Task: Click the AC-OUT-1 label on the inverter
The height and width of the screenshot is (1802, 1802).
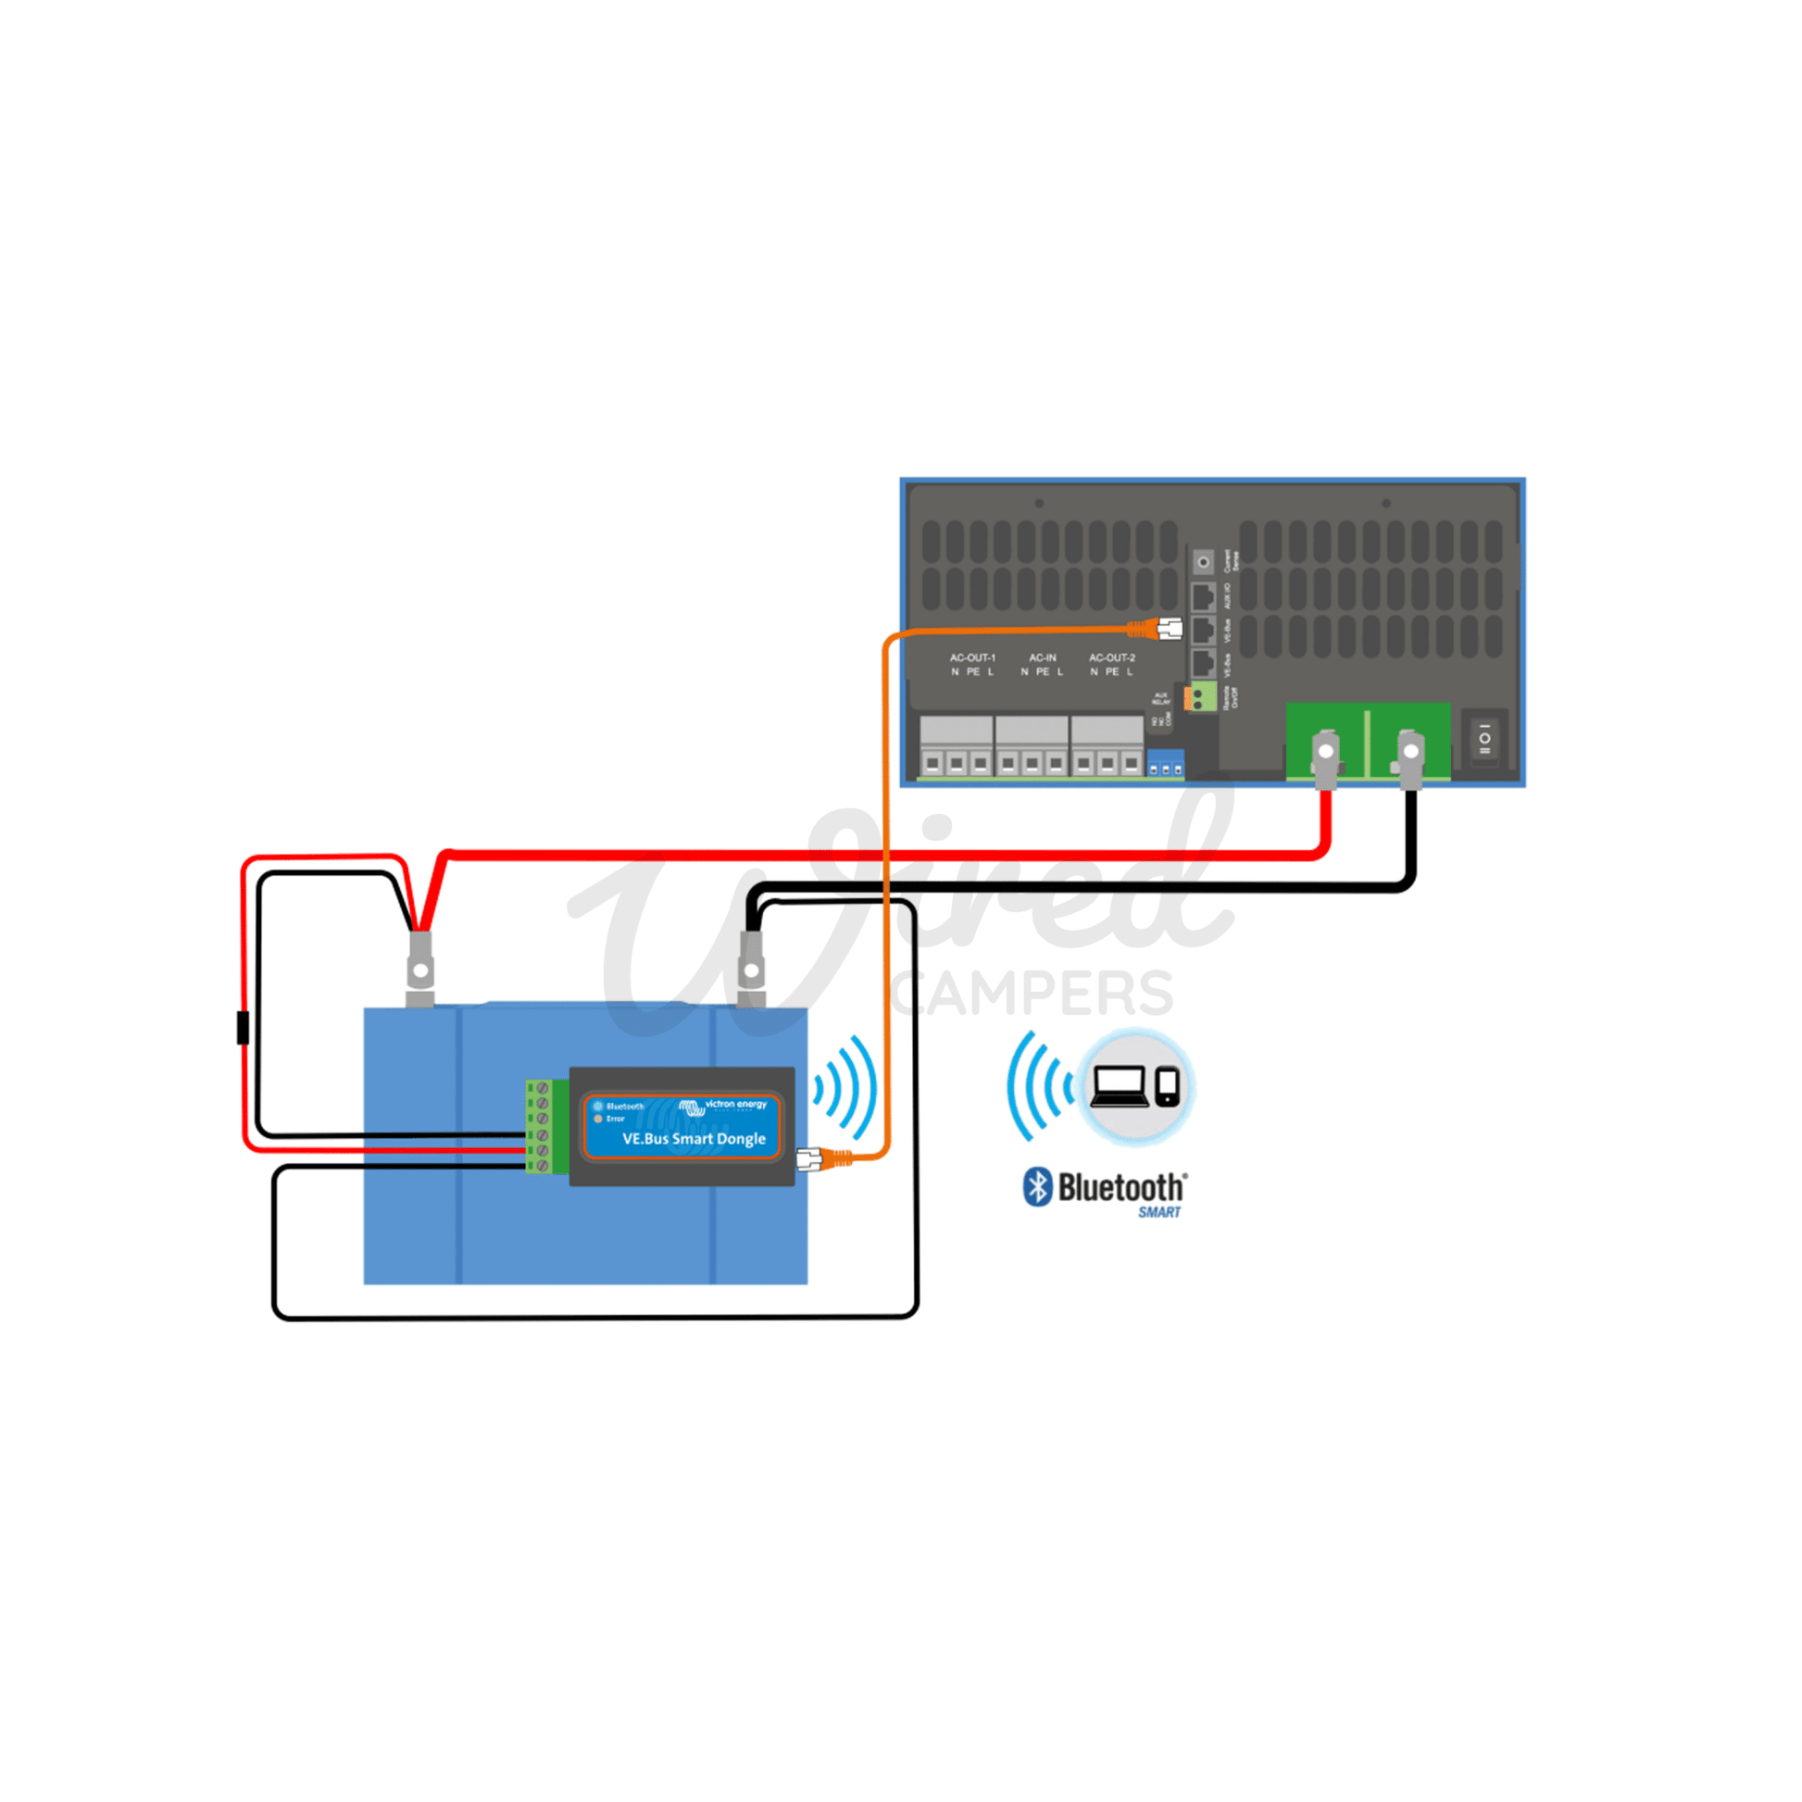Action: pyautogui.click(x=973, y=657)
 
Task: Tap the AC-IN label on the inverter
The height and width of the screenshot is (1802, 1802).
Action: pyautogui.click(x=1043, y=657)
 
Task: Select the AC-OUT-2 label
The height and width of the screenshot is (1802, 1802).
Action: pyautogui.click(x=1112, y=657)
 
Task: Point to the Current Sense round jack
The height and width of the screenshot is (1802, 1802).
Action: pyautogui.click(x=1203, y=562)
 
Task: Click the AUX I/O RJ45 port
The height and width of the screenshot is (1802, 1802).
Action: pyautogui.click(x=1203, y=596)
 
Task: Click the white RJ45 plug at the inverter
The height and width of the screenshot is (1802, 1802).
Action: pyautogui.click(x=1170, y=629)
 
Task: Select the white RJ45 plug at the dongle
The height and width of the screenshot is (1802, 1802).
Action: pyautogui.click(x=808, y=1160)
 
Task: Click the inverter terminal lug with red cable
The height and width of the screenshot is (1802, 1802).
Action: pyautogui.click(x=1325, y=756)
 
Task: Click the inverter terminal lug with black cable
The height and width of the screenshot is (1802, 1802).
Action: pyautogui.click(x=1410, y=756)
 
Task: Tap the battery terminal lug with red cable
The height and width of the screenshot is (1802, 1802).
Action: pyautogui.click(x=420, y=970)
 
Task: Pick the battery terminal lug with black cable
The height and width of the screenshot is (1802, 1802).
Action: pyautogui.click(x=751, y=970)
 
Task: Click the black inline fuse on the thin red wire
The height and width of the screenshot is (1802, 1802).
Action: pyautogui.click(x=244, y=1028)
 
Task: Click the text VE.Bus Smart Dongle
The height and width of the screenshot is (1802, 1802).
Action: pyautogui.click(x=694, y=1139)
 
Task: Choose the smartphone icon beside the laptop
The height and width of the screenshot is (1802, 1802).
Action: pyautogui.click(x=1167, y=1086)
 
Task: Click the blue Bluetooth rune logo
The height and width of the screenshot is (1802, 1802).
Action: pyautogui.click(x=1037, y=1187)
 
